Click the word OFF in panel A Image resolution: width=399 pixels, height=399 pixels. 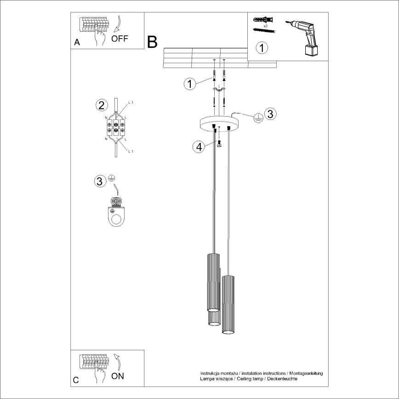(120, 39)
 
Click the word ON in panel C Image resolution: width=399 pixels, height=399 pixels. (118, 376)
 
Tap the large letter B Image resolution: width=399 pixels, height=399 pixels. (152, 42)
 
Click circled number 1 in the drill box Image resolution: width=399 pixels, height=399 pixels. (261, 47)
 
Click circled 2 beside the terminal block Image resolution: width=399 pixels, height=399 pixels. (102, 105)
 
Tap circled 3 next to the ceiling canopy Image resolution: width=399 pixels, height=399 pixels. (270, 114)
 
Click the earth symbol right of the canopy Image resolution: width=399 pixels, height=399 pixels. (258, 118)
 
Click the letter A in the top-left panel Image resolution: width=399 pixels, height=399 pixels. (77, 43)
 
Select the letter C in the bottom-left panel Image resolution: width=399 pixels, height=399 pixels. (76, 380)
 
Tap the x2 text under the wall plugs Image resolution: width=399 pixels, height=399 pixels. (265, 26)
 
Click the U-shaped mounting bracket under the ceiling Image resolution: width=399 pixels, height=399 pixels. (219, 91)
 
